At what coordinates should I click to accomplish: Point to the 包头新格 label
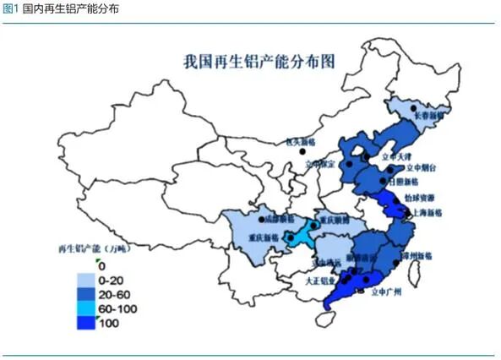(x=298, y=142)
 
